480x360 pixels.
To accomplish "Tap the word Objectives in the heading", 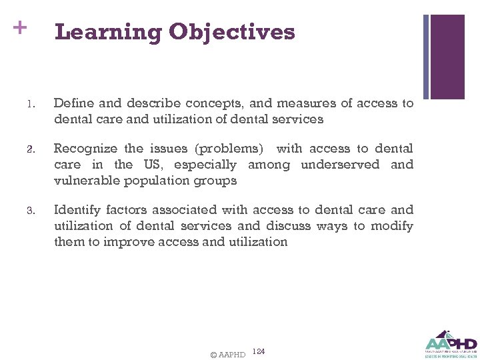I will point(232,31).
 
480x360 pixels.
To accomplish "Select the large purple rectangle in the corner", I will point(447,57).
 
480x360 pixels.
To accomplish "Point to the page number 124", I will point(259,351).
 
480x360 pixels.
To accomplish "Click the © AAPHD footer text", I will point(227,354).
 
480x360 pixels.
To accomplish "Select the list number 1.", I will point(30,104).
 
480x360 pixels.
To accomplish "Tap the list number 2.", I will point(30,149).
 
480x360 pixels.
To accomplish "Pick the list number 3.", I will point(30,211).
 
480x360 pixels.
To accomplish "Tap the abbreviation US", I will point(152,165).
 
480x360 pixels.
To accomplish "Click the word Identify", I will point(76,210).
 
